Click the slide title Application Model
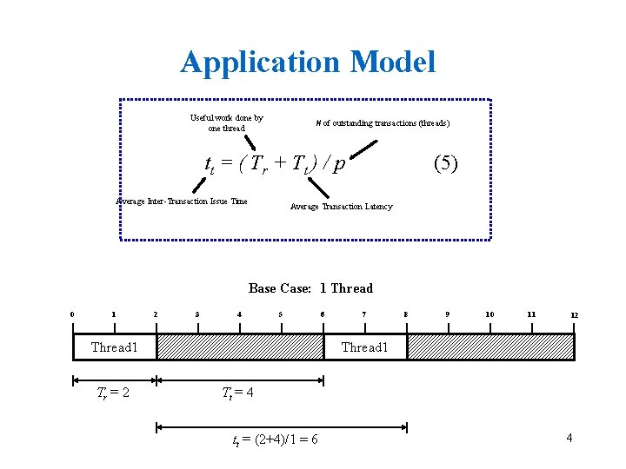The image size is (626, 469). (x=308, y=62)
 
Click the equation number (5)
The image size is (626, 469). (x=444, y=163)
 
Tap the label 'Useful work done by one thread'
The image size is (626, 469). (x=226, y=122)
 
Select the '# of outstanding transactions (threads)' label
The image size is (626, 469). (x=383, y=123)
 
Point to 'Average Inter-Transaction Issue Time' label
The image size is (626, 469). (x=182, y=201)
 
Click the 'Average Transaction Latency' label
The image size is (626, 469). (x=341, y=207)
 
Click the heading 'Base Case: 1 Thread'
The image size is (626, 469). (x=310, y=288)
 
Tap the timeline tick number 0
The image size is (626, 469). (x=72, y=314)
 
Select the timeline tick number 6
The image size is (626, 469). (x=323, y=314)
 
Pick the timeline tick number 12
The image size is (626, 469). (x=574, y=315)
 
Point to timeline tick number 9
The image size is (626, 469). (x=448, y=314)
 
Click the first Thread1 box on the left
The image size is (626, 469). (x=115, y=347)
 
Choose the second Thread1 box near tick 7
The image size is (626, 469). (x=364, y=347)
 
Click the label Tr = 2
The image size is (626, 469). (x=113, y=393)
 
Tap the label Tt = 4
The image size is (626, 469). (x=237, y=393)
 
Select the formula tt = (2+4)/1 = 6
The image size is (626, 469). (x=274, y=439)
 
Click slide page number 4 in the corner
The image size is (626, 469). (x=569, y=438)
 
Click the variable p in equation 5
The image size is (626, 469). (x=339, y=165)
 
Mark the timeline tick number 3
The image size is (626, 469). (x=197, y=314)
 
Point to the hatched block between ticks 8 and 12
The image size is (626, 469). (x=490, y=347)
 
